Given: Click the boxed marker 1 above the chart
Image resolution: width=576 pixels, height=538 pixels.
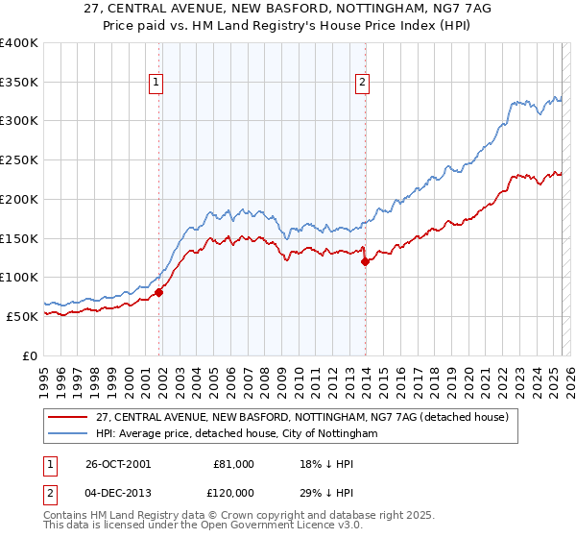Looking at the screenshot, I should tap(156, 84).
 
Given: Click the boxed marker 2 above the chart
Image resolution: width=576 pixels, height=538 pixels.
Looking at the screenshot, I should tap(362, 84).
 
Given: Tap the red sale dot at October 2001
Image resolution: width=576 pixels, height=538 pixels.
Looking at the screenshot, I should tap(159, 293).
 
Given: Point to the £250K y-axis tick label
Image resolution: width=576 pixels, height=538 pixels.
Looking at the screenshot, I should tap(19, 159).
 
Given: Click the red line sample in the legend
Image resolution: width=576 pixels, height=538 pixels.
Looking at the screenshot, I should tap(68, 417).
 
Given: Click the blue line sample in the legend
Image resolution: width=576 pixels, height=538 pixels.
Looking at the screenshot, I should tap(68, 434).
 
